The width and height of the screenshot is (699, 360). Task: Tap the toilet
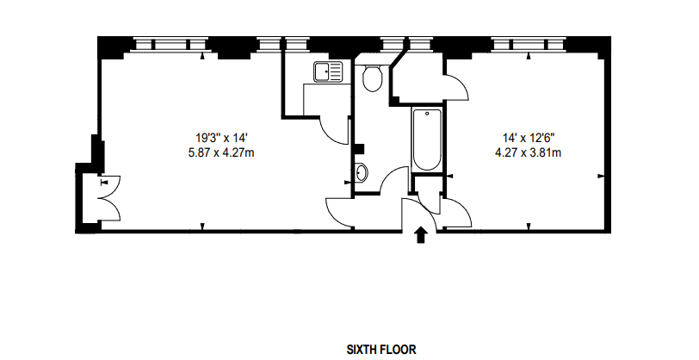click(373, 79)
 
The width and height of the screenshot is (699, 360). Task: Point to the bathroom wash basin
click(361, 172)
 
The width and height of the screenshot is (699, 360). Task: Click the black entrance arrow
click(421, 235)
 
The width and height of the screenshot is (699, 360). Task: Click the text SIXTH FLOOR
click(381, 350)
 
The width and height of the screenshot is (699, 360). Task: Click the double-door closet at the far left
click(102, 198)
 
